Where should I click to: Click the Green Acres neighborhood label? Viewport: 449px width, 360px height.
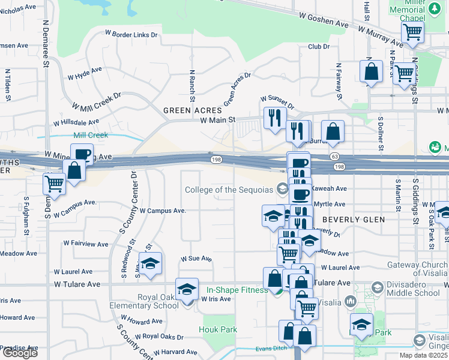click(x=193, y=110)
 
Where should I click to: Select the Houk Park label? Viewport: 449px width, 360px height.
click(x=218, y=329)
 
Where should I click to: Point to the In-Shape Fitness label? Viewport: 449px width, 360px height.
click(x=237, y=290)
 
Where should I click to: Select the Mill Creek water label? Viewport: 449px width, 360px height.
click(x=91, y=135)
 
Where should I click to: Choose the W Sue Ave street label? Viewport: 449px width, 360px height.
click(x=196, y=259)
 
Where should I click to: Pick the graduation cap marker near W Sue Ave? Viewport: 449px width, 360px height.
click(x=150, y=263)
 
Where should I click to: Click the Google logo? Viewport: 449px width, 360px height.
click(x=19, y=353)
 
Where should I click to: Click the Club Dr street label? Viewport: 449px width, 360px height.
click(x=319, y=46)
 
